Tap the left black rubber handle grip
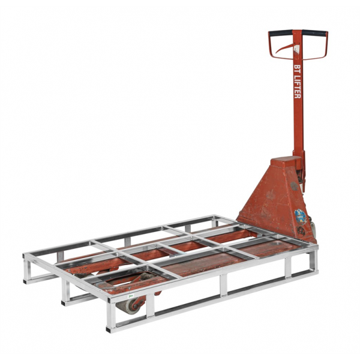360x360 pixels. click(x=280, y=32)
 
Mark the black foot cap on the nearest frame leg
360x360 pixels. click(x=109, y=329)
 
